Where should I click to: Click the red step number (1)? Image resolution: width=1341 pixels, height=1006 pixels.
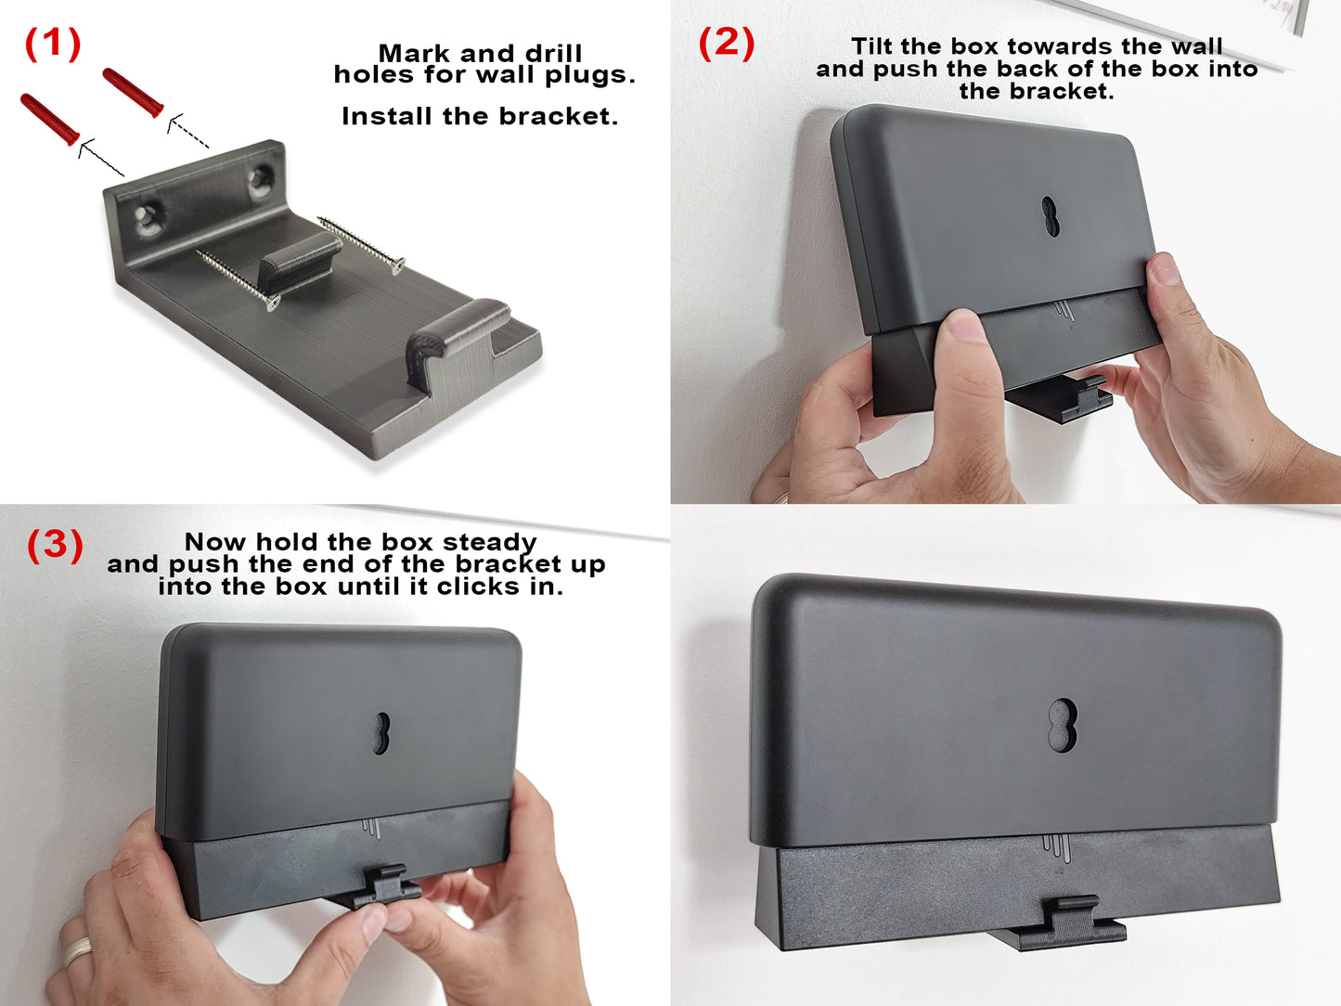click(x=52, y=44)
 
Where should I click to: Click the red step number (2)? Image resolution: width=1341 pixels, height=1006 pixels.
click(x=726, y=44)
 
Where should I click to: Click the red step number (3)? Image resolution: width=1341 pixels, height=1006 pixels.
click(x=54, y=545)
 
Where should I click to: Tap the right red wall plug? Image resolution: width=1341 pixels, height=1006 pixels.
click(x=134, y=92)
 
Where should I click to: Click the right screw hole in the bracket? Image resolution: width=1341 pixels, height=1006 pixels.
click(x=261, y=177)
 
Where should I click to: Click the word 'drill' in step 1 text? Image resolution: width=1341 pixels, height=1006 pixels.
click(x=553, y=54)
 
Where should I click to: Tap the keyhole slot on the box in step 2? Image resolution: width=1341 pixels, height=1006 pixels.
click(x=1050, y=215)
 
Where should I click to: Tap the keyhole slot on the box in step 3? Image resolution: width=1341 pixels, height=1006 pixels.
click(x=381, y=732)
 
